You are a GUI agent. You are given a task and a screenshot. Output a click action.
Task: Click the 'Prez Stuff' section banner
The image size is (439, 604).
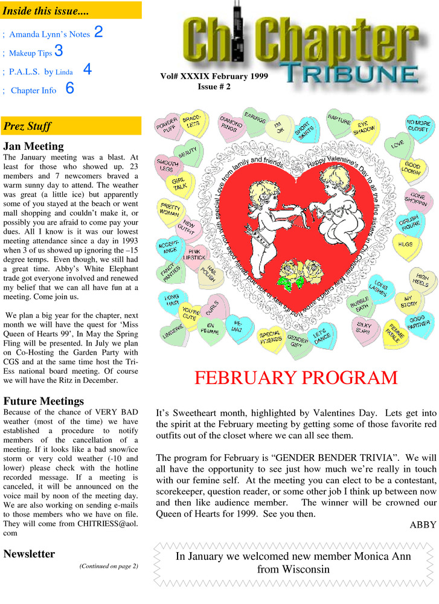[71, 126]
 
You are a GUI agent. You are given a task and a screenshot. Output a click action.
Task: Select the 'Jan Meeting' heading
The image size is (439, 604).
[33, 146]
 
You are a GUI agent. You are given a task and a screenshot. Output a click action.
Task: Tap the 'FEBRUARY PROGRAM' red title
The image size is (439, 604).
[296, 378]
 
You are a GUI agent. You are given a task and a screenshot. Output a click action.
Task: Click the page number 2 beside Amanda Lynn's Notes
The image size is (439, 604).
[98, 32]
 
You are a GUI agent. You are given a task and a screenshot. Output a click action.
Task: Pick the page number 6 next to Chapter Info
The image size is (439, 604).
[69, 89]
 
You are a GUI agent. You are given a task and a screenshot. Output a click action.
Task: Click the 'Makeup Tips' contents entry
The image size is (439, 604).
[30, 53]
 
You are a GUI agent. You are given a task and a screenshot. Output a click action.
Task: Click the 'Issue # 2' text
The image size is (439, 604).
[214, 87]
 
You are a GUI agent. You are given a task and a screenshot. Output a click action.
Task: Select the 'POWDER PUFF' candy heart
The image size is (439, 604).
[167, 126]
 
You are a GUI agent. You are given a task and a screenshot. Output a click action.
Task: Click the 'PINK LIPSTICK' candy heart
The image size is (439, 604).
[195, 255]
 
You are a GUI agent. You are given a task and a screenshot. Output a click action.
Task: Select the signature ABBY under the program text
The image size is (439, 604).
[422, 524]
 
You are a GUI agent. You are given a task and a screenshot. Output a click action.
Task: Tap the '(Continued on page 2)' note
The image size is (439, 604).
[109, 566]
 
